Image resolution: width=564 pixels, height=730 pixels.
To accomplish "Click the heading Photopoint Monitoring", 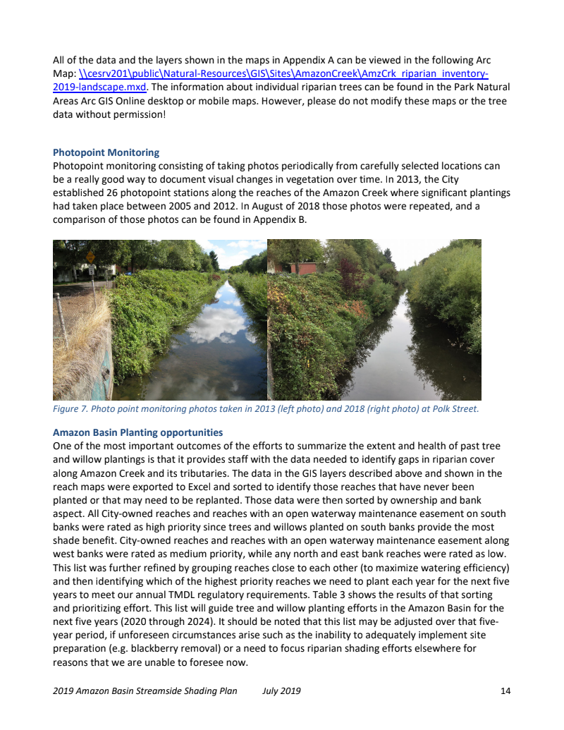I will [x=106, y=152].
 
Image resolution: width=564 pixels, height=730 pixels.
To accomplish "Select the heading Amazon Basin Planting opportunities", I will [x=137, y=432].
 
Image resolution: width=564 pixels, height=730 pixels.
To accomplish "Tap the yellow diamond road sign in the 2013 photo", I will [x=90, y=257].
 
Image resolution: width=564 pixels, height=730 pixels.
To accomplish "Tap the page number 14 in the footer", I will [x=505, y=691].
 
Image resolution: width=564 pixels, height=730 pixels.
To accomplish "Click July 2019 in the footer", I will [x=281, y=691].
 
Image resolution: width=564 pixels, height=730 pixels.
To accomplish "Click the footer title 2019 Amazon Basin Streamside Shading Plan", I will [x=145, y=691].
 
